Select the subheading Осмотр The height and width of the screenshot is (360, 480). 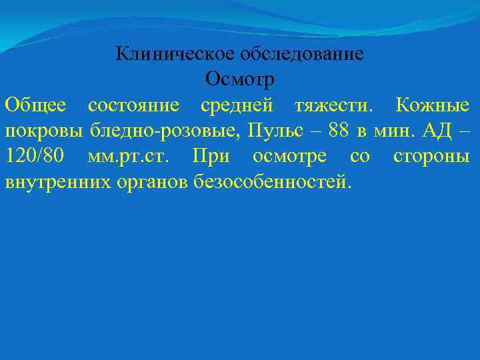coord(239,79)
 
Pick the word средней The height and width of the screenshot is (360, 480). coord(237,105)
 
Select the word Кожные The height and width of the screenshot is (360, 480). coord(432,105)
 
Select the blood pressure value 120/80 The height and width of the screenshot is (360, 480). coord(35,155)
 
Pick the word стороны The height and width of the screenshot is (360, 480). coord(431,155)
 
